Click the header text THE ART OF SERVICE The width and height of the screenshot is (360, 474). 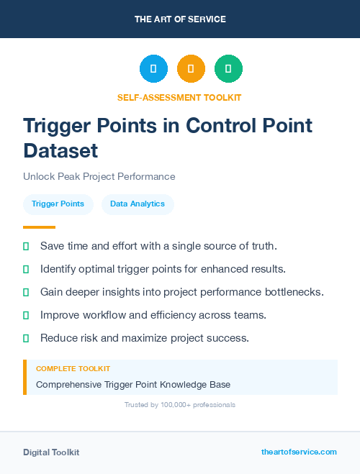tap(180, 19)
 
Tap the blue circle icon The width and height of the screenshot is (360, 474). tap(153, 69)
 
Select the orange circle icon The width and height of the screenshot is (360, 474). tap(191, 69)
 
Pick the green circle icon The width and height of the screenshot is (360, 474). tap(228, 69)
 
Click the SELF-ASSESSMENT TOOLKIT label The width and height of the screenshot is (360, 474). tap(179, 97)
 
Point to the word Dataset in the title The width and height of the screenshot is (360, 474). tap(60, 150)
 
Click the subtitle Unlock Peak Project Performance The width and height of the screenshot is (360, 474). tap(99, 176)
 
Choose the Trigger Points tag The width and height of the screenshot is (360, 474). tap(58, 204)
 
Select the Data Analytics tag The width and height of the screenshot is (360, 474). tap(138, 204)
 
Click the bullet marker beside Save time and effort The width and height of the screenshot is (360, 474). tap(26, 246)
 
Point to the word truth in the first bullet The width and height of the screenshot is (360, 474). tap(262, 246)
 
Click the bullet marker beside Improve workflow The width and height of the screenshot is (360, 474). tap(26, 315)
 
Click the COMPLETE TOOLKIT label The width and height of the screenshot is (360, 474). tap(73, 368)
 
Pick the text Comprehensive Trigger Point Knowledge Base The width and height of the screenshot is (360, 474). tap(133, 385)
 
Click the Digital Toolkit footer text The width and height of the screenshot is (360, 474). tap(51, 452)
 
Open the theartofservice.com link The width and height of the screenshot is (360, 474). tap(299, 452)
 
